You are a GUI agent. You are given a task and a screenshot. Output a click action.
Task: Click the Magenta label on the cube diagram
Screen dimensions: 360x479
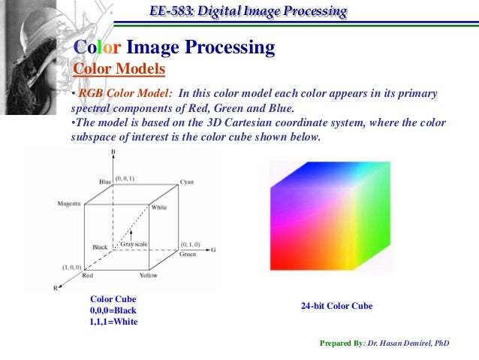(70, 204)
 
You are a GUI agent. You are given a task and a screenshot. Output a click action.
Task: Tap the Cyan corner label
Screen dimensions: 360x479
(187, 183)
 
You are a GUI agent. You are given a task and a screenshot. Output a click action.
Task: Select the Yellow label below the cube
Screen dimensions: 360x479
(149, 275)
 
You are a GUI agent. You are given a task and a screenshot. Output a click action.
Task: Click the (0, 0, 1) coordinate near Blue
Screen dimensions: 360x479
(125, 178)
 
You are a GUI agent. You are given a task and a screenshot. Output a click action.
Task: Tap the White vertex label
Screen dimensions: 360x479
(159, 207)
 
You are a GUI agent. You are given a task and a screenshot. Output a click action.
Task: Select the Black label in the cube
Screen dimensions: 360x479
(101, 247)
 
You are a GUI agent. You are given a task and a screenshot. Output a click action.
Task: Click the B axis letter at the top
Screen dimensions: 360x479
(113, 153)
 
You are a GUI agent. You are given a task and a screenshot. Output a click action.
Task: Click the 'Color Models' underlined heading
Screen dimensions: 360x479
(119, 69)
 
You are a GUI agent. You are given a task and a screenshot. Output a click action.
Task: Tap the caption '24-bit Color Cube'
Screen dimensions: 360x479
(336, 307)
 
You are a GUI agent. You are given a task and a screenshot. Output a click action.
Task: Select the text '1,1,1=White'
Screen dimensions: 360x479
(113, 322)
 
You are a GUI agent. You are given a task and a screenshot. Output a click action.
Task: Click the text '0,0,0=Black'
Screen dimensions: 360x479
(113, 310)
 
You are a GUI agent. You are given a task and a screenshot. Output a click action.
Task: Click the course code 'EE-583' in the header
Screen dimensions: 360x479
(172, 11)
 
